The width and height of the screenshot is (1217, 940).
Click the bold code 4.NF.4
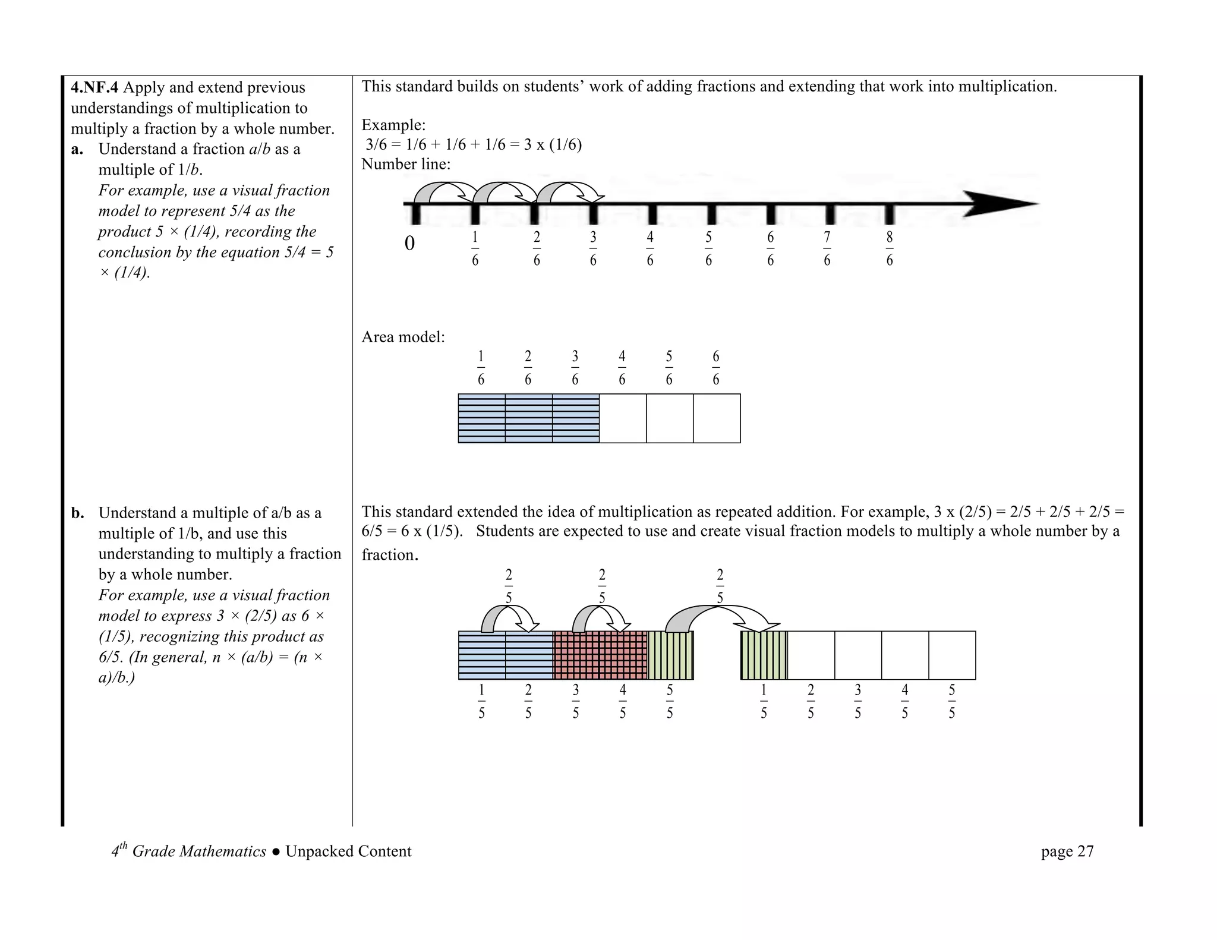94,88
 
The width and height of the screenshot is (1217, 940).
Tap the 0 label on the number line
409,244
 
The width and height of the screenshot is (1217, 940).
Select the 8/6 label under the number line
889,249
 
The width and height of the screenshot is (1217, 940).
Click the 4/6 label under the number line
650,249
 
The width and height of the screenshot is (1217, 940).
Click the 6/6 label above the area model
715,368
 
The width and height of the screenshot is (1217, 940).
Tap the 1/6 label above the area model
481,368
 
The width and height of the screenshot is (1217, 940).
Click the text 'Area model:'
403,337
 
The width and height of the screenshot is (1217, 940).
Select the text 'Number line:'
406,165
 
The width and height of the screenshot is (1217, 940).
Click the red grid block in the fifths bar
600,655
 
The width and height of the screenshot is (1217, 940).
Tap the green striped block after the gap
764,655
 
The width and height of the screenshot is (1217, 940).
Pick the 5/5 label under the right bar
951,702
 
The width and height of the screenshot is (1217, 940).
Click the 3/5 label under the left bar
575,702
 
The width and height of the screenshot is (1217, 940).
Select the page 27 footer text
1067,851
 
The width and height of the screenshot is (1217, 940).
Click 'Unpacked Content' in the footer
348,851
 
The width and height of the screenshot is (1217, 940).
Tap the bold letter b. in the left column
77,513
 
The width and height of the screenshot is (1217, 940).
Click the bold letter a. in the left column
77,150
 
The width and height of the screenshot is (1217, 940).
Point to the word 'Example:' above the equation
393,125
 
